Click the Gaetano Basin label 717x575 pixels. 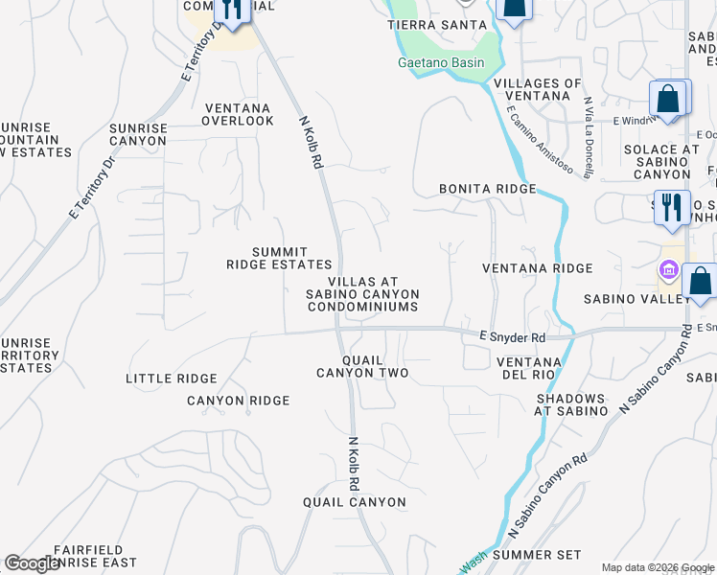tap(441, 63)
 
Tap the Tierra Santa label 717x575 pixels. tap(432, 25)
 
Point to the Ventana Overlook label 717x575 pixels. tap(238, 114)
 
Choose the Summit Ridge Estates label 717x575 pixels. tap(279, 258)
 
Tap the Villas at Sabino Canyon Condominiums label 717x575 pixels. tap(363, 293)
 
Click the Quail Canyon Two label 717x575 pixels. tap(362, 366)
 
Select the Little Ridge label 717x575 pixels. tap(172, 379)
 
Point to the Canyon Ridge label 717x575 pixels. tap(238, 401)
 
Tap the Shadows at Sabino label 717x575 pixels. tap(571, 404)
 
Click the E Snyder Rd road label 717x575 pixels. tap(512, 337)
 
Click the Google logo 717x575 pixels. tap(34, 564)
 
